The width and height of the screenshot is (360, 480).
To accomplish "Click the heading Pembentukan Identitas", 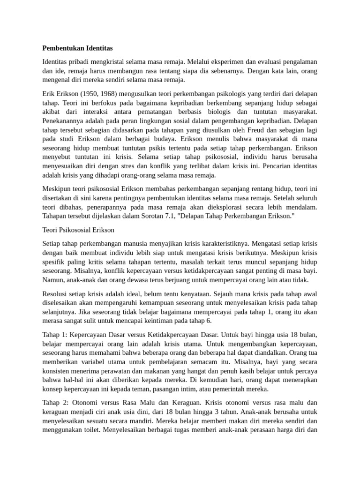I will pos(77,48).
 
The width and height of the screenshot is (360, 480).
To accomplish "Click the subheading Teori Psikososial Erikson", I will pos(78,230).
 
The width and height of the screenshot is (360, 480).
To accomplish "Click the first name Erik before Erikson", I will pos(49,93).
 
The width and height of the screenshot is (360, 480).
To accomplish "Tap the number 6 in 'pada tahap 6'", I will pos(210,321).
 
